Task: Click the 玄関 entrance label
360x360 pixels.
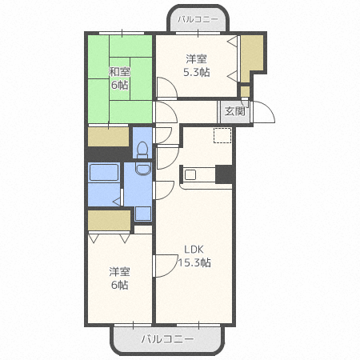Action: [x=234, y=112]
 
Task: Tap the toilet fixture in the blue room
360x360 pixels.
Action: [x=142, y=148]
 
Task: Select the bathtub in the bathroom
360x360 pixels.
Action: [x=103, y=174]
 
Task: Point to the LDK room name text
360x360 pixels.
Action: [x=194, y=249]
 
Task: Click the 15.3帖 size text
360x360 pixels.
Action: [x=194, y=262]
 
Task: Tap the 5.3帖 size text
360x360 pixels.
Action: [x=196, y=71]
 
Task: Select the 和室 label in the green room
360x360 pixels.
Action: [x=120, y=72]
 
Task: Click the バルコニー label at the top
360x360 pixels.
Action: [x=198, y=17]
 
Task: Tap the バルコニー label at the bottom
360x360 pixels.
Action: [x=167, y=339]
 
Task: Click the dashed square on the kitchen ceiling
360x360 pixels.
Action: [x=222, y=135]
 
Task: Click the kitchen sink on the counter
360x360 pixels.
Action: [x=190, y=173]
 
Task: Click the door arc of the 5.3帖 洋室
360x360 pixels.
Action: [x=169, y=87]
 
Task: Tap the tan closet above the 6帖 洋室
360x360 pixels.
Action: [x=109, y=219]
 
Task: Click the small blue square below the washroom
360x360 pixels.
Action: [x=142, y=213]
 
